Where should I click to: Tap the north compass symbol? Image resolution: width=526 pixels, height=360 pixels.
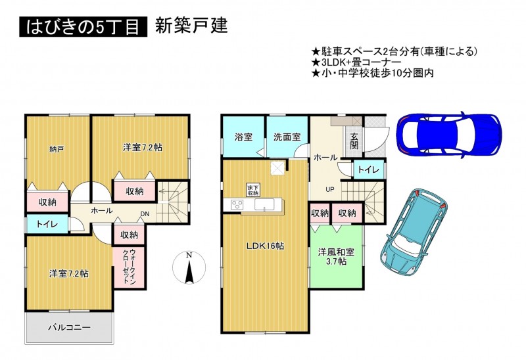point(189,267)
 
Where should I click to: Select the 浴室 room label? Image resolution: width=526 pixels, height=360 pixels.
point(243,137)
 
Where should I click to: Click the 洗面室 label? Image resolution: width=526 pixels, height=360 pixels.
point(287,137)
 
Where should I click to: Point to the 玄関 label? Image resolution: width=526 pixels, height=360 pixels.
point(354,141)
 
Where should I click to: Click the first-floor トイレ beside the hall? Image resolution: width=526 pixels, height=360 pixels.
point(368,169)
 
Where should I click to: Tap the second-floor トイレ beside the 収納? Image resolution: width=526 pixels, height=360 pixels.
point(47,224)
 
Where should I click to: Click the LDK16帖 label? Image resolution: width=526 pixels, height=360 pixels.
point(265,246)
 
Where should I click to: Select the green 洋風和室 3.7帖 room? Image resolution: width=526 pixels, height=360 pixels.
point(336,256)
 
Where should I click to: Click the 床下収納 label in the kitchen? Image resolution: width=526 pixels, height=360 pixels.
point(253,190)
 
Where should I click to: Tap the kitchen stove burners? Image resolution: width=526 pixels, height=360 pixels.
point(237,204)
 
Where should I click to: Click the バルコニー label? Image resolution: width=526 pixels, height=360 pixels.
point(69,327)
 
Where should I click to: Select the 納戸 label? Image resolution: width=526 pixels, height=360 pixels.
point(57,149)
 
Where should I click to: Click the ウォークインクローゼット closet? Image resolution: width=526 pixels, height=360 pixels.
point(129,267)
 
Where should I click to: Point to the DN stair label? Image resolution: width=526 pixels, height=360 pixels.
point(145,214)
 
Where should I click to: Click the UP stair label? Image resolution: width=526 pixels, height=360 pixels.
point(330,189)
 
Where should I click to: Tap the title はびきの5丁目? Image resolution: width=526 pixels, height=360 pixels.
point(84,27)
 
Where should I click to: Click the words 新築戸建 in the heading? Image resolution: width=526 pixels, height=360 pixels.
point(191,26)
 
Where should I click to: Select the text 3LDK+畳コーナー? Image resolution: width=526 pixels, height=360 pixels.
point(361,62)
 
